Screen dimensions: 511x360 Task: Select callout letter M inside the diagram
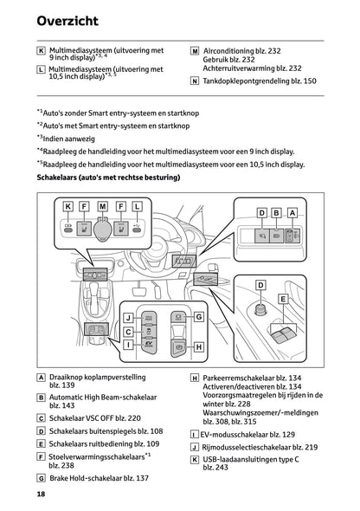(x=102, y=206)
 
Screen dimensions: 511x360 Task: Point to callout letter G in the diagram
(x=199, y=318)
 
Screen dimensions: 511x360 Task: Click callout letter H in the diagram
(x=199, y=347)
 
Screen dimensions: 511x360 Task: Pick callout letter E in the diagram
(x=282, y=296)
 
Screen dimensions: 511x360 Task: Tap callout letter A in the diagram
(x=293, y=212)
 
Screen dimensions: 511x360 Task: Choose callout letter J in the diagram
(x=127, y=318)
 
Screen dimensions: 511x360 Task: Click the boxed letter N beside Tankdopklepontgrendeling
(x=194, y=81)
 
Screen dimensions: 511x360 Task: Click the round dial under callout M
(x=103, y=230)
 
